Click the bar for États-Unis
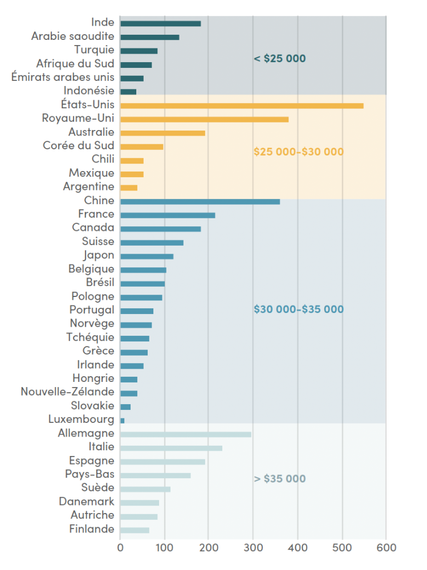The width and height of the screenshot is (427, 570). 242,105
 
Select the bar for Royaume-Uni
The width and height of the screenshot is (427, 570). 204,119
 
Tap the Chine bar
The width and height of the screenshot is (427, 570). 200,201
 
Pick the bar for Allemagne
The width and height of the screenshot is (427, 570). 186,434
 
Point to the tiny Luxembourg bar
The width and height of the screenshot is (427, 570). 122,421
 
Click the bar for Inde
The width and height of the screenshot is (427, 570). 160,23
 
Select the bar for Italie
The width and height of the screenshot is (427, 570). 171,448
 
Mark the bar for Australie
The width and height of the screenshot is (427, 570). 162,133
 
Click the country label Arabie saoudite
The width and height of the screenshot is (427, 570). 72,36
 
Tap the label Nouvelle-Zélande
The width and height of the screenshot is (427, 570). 67,392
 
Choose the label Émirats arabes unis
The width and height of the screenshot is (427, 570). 63,77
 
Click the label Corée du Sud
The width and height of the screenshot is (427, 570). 78,145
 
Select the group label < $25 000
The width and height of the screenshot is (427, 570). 279,58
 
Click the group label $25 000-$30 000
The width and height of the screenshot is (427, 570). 298,152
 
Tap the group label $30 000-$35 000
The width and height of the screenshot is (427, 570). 298,309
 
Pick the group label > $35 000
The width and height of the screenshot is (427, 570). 279,478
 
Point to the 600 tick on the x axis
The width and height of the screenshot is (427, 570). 386,548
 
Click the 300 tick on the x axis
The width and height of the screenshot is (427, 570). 253,548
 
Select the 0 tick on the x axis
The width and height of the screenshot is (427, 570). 120,548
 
